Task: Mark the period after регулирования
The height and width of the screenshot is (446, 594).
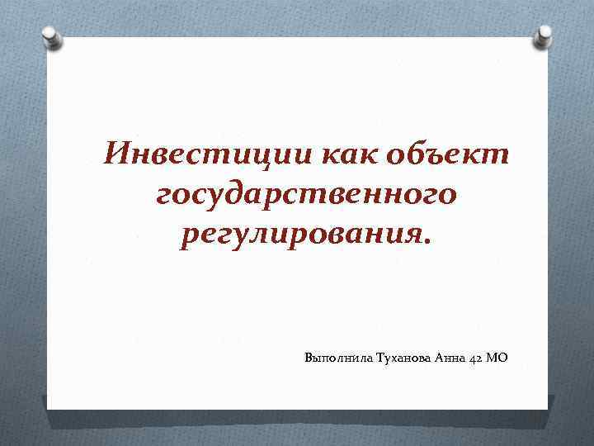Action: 426,242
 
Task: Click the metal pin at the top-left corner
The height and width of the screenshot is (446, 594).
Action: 49,36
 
